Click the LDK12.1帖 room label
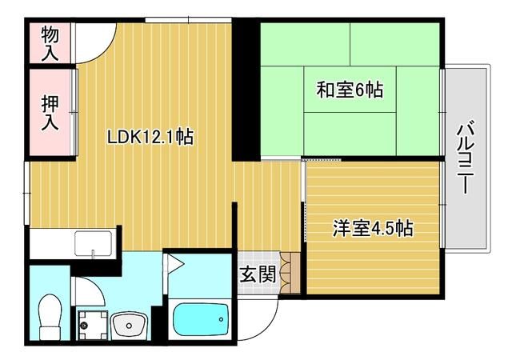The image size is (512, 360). (150, 138)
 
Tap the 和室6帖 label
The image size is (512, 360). (350, 90)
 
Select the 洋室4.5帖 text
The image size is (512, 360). (373, 228)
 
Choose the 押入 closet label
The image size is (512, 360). (50, 112)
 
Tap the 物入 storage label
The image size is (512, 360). (50, 43)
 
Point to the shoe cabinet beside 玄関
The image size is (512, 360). (290, 272)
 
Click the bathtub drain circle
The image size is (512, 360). (217, 319)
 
